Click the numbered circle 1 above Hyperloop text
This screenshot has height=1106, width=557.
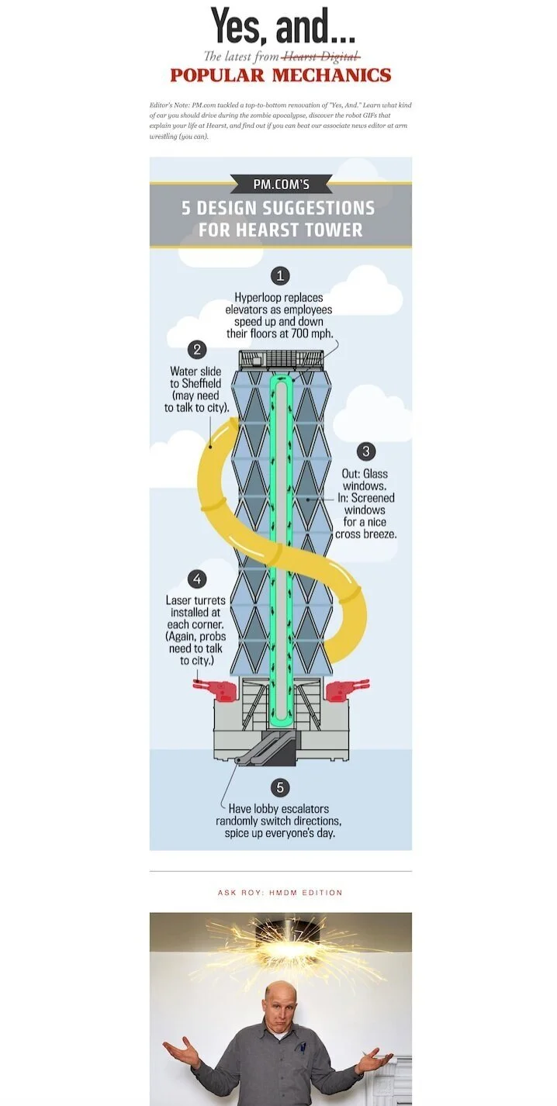(x=280, y=275)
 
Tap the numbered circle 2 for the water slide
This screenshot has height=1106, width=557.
(x=197, y=350)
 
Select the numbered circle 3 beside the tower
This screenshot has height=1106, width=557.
(x=365, y=451)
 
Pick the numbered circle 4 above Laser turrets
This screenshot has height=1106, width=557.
(x=197, y=579)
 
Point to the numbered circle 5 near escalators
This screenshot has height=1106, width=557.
(x=282, y=787)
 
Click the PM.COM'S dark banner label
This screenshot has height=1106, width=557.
(x=281, y=184)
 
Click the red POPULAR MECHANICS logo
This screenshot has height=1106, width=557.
(x=280, y=75)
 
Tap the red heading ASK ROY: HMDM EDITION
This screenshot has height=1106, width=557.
(x=280, y=893)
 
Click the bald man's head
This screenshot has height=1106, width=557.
(x=281, y=1001)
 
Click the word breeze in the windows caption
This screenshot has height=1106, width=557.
(x=380, y=534)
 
